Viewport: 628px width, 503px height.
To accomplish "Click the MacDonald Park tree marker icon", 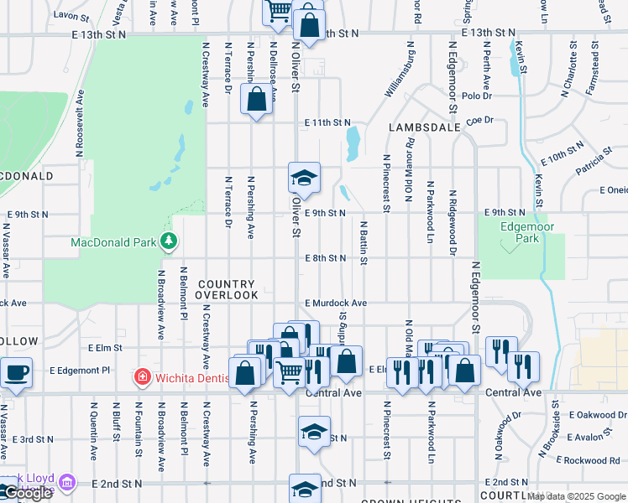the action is coord(169,242).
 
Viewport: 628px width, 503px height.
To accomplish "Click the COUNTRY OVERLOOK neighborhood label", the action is coord(228,290).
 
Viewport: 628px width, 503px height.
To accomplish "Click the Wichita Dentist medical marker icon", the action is coord(144,376).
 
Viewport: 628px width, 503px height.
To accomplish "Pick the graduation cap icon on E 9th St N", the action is coord(304,177).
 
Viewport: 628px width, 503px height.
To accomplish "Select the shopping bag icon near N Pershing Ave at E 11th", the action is coord(256,100).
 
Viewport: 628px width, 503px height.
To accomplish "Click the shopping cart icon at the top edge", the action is coord(278,10).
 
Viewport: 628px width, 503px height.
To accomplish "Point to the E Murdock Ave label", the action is coord(336,303).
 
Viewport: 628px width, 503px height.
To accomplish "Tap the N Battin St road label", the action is coord(364,243).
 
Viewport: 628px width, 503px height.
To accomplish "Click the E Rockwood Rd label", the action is coord(593,460).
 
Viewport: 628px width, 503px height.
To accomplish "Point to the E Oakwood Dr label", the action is coord(597,414).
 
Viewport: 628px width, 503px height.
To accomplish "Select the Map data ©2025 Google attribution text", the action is coord(576,496).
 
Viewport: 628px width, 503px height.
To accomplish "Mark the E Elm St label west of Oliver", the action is coord(105,347).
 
